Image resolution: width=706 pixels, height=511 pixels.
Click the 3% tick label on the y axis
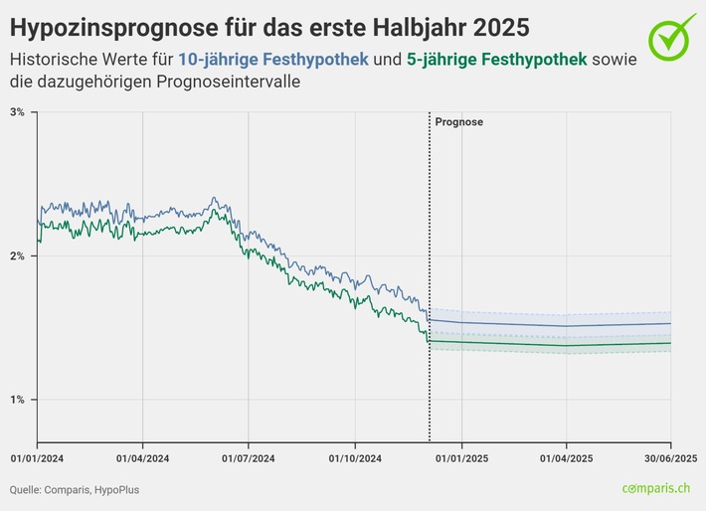pyautogui.click(x=17, y=112)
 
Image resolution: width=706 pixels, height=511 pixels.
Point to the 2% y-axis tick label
pyautogui.click(x=17, y=255)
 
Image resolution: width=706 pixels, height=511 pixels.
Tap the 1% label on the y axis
pyautogui.click(x=17, y=400)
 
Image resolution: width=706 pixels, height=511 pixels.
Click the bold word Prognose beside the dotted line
pyautogui.click(x=458, y=122)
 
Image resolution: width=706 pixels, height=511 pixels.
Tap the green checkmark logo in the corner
pyautogui.click(x=673, y=35)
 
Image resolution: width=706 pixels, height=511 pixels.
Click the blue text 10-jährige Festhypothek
pyautogui.click(x=273, y=61)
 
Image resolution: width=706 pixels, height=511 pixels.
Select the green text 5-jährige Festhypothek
pyautogui.click(x=497, y=61)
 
